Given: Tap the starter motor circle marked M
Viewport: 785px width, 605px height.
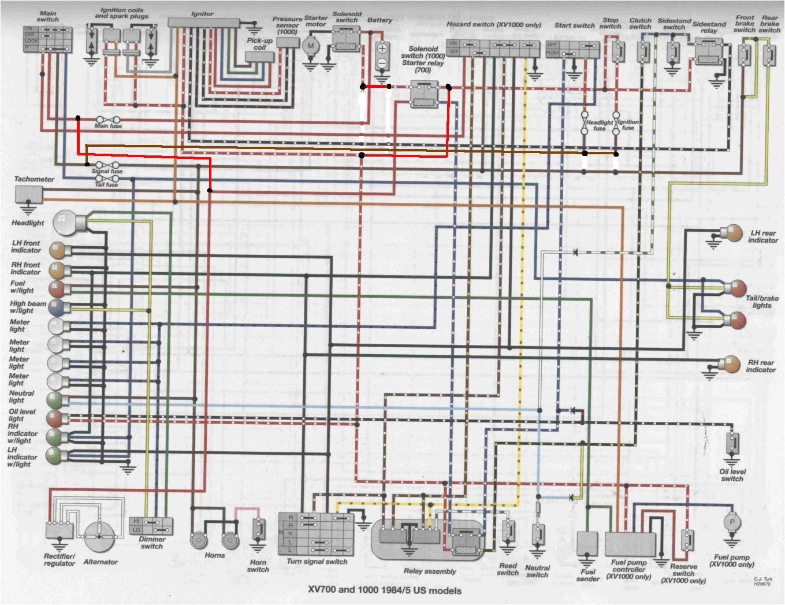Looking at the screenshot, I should click(311, 45).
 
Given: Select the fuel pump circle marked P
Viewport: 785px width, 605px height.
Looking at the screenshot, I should click(732, 522).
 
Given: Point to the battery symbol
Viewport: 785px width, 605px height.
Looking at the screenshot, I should click(382, 55).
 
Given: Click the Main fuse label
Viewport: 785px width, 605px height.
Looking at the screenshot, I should click(108, 126).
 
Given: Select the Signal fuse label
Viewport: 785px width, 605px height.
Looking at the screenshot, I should click(107, 172).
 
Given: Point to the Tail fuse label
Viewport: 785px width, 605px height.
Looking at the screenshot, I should click(107, 185).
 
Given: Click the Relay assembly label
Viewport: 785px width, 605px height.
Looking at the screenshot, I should click(429, 571).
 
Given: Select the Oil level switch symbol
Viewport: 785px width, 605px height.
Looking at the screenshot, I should click(732, 444).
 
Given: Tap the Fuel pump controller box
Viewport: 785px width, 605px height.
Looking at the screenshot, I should click(630, 544).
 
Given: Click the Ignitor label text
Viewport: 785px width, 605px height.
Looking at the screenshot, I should click(202, 13).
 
